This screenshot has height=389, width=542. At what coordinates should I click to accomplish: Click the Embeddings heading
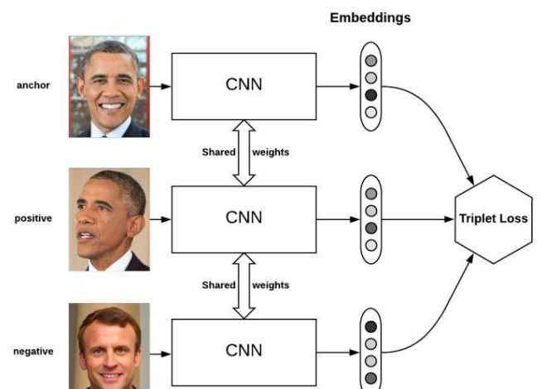click(x=370, y=17)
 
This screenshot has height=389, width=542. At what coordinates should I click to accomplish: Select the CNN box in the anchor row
click(x=244, y=86)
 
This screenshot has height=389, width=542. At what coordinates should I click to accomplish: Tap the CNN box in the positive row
click(x=244, y=219)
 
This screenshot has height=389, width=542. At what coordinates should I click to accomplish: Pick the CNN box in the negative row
click(x=244, y=351)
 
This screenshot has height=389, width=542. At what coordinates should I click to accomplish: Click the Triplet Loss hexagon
click(x=494, y=219)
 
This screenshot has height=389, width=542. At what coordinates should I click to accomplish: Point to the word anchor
click(x=33, y=85)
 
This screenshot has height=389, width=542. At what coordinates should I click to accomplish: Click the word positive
click(x=33, y=219)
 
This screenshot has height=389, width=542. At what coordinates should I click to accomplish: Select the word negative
click(x=33, y=351)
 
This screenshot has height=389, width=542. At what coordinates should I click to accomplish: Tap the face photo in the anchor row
click(x=109, y=86)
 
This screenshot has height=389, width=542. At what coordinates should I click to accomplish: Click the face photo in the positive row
click(x=109, y=220)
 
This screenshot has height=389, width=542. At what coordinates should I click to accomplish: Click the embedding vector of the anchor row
click(x=370, y=86)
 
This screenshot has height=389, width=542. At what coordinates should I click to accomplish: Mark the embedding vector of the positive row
click(x=370, y=219)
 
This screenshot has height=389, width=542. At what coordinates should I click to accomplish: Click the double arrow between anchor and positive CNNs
click(x=244, y=152)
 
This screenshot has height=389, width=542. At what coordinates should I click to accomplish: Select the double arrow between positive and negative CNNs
click(x=244, y=286)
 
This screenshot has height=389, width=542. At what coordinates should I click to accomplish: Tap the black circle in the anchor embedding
click(x=370, y=95)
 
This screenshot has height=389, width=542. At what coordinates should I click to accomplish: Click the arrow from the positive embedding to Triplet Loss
click(x=418, y=219)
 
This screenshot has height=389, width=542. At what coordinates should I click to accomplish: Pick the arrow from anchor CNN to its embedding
click(x=337, y=86)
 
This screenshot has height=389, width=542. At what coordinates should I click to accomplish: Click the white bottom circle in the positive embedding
click(x=370, y=245)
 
